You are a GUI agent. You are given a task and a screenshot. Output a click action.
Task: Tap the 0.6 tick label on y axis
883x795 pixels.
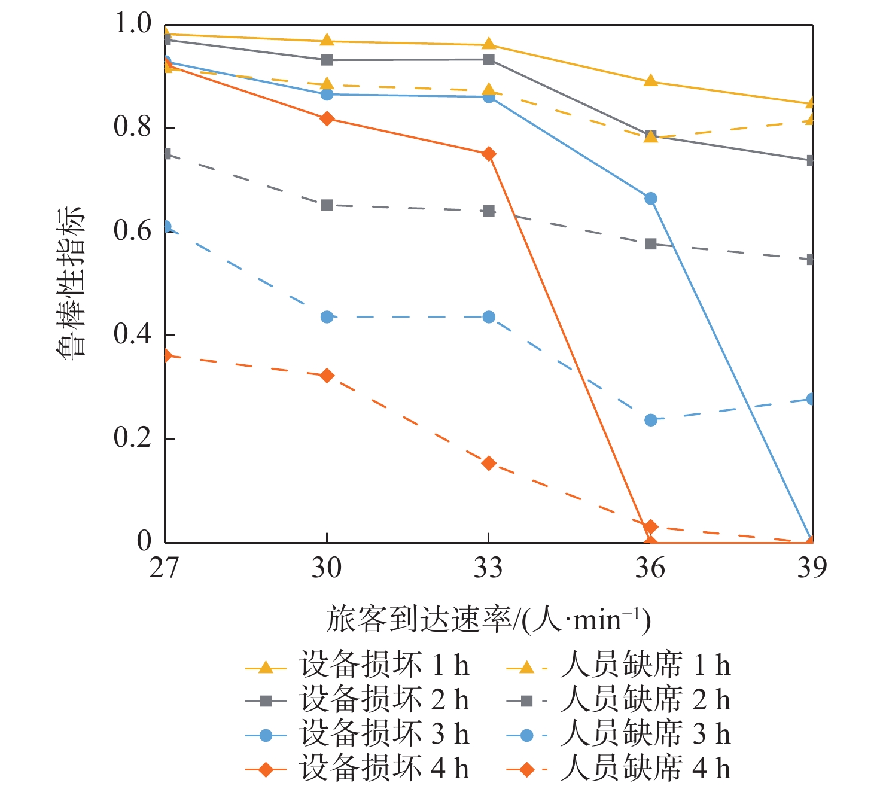[x=132, y=231]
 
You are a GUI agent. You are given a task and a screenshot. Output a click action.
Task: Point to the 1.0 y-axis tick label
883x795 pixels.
[x=132, y=24]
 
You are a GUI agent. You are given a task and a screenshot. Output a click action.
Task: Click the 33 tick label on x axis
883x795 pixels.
[x=488, y=567]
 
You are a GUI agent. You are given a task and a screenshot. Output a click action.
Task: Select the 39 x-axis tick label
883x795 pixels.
[x=812, y=567]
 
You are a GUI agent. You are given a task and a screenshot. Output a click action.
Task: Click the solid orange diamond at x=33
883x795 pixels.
[x=489, y=154]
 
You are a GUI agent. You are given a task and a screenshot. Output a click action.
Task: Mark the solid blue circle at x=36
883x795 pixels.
[x=651, y=198]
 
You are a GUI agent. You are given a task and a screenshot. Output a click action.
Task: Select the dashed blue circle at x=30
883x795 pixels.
[x=327, y=316]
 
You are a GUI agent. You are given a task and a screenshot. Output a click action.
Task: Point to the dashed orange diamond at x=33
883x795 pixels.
[x=489, y=463]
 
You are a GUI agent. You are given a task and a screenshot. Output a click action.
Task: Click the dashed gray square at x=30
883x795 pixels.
[x=327, y=205]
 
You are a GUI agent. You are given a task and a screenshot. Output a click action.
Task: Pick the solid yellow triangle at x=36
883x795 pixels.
[x=651, y=81]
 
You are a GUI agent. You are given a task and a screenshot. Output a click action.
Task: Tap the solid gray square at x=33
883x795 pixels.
[x=489, y=60]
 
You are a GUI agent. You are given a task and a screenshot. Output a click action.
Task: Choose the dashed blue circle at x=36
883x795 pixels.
[x=651, y=420]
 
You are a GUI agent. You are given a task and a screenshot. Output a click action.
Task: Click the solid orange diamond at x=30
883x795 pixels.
[x=327, y=118]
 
